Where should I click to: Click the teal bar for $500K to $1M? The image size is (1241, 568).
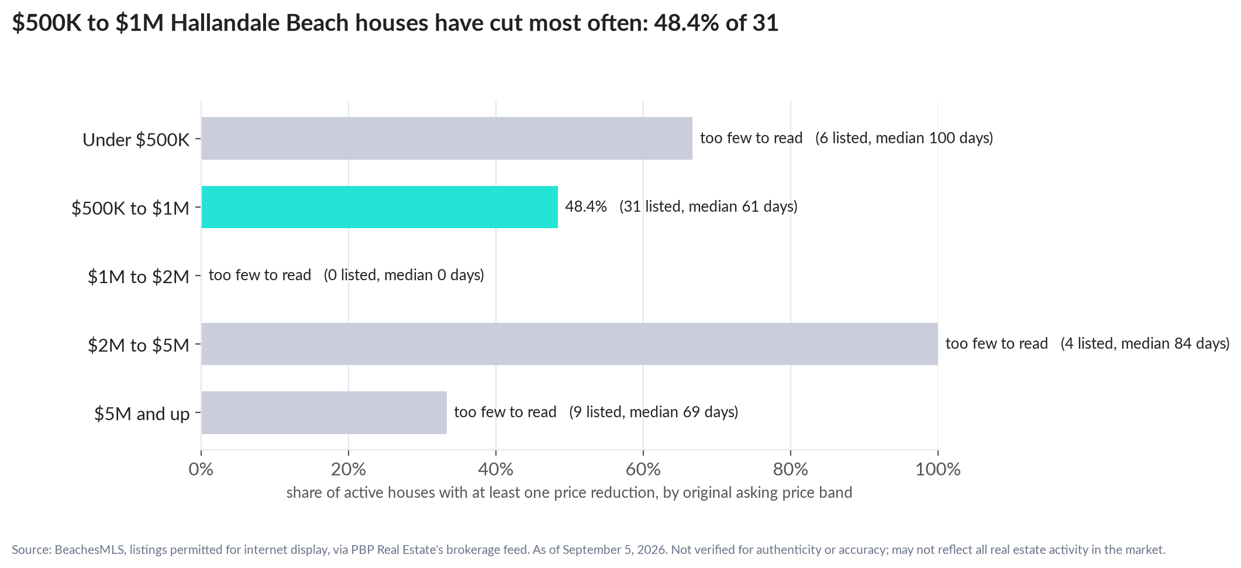pos(380,207)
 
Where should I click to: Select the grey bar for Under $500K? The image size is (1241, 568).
pos(447,138)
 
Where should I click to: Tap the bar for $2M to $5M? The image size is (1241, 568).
pos(570,344)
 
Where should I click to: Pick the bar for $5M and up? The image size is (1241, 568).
pos(324,412)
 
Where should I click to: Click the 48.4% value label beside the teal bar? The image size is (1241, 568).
pos(586,206)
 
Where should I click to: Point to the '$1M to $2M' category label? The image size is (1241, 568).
pos(139,276)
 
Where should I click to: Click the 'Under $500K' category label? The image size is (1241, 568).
pos(136,139)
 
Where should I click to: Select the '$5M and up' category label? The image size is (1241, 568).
pos(142,414)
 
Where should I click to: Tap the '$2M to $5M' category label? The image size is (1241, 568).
pos(139,345)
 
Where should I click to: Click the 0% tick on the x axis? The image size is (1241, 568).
pos(201,469)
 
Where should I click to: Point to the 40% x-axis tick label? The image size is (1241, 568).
pos(496,469)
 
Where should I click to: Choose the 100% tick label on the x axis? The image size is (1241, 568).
pos(938,469)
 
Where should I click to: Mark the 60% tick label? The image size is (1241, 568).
pos(643,469)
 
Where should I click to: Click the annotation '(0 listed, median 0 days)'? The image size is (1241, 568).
pos(404,275)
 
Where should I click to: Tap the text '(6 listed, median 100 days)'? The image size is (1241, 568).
pos(904,138)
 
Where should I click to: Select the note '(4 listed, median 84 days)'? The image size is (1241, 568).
pos(1145,343)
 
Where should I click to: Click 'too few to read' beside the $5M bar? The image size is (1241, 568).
pos(505,412)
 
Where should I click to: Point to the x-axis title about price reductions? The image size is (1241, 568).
pos(569,493)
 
